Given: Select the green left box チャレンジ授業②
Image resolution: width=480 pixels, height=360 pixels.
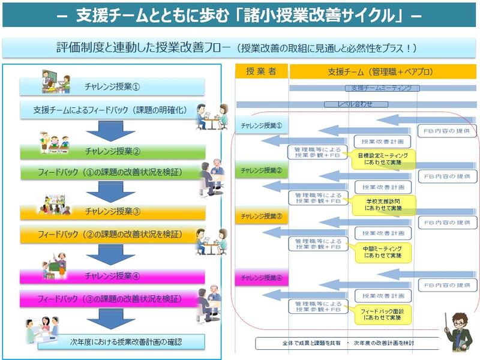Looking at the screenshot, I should [x=112, y=151].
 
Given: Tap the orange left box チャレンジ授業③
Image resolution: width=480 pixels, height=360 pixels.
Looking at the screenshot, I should [x=112, y=211].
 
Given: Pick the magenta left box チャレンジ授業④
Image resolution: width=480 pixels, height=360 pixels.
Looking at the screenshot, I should [x=112, y=277].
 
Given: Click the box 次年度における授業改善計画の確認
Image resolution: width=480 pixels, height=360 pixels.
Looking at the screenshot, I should [x=121, y=343].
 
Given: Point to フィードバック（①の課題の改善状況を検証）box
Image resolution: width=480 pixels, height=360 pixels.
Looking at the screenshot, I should [x=112, y=173].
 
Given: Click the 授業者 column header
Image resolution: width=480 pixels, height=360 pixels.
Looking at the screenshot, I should [x=261, y=71].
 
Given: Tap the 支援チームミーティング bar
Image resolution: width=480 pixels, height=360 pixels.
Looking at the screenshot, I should [x=382, y=88].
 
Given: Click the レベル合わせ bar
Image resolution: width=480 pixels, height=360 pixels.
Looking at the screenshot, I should [x=356, y=104].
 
